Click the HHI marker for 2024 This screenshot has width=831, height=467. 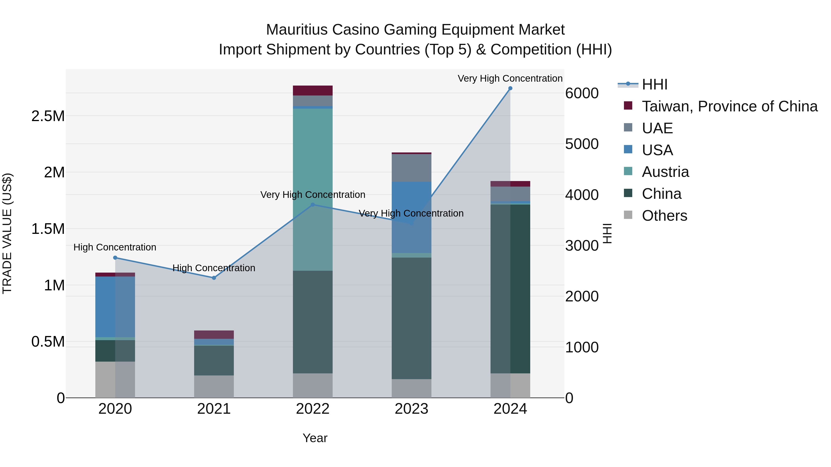[x=510, y=88]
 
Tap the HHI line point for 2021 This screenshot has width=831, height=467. [x=214, y=278]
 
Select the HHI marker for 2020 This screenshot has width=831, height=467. [x=115, y=258]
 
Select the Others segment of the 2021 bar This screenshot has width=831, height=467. [x=214, y=387]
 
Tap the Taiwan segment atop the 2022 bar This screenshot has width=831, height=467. [x=313, y=91]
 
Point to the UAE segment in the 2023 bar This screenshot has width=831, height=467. [x=411, y=168]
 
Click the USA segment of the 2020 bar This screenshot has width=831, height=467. [x=115, y=307]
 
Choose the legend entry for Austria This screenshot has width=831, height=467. [x=665, y=172]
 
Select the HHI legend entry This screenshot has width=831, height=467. [x=654, y=84]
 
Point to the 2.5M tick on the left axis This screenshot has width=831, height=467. [x=48, y=116]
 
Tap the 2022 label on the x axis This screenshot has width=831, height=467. [x=313, y=409]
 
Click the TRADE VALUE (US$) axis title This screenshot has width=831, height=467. [x=7, y=233]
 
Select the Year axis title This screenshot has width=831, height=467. [x=315, y=438]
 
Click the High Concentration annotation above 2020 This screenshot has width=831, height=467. [x=115, y=247]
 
